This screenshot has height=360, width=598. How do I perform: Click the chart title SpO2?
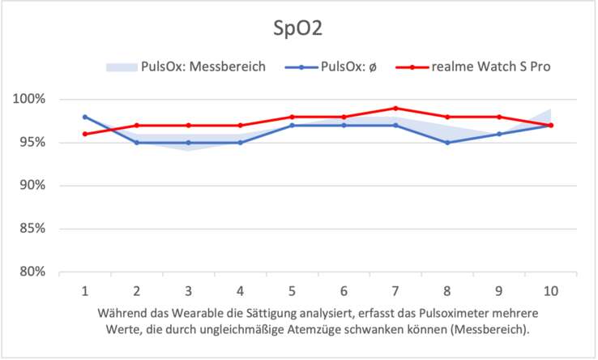[299, 29]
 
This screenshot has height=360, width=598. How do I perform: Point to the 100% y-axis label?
[30, 100]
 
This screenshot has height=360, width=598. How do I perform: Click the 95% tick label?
[32, 143]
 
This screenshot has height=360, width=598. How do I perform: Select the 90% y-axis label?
[32, 186]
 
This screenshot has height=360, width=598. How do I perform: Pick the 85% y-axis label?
[32, 229]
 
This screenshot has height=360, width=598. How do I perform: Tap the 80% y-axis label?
[32, 272]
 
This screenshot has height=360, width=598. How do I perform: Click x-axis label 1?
[84, 289]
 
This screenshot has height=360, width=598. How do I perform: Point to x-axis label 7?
[395, 289]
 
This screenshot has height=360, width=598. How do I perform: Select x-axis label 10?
[550, 289]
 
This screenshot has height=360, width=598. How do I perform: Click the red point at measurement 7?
[395, 108]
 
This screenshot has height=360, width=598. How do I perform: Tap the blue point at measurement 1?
[84, 117]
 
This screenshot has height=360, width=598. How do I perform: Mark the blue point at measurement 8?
[446, 143]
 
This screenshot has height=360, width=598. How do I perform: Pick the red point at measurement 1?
[84, 134]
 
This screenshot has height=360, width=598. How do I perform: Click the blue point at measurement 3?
[188, 143]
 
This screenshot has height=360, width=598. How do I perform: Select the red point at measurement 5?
[292, 117]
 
